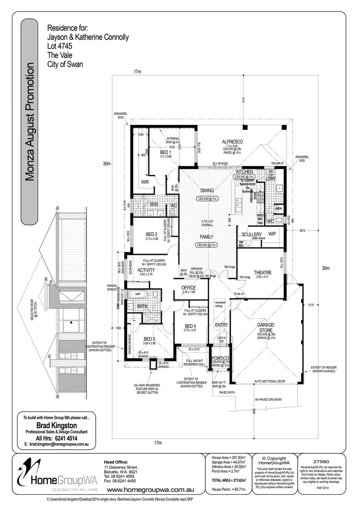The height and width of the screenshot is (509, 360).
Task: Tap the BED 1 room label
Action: [164, 153]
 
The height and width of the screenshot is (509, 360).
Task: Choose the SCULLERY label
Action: [251, 234]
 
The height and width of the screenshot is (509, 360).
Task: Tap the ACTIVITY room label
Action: [146, 270]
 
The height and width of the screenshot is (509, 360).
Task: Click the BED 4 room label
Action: [191, 326]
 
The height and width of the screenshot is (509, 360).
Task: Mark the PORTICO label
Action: [221, 358]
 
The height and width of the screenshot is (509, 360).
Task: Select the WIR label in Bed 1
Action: [145, 181]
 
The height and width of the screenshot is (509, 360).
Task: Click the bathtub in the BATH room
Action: [141, 295]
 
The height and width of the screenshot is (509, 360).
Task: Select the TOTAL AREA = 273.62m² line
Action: [227, 479]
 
